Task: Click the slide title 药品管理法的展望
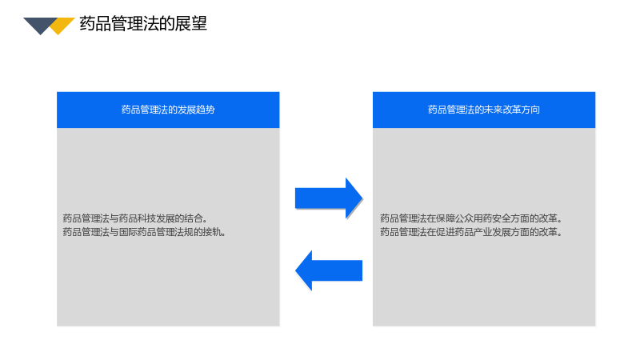click(143, 24)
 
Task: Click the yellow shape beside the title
click(62, 26)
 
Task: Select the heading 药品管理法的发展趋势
click(168, 110)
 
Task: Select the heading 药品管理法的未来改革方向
click(484, 110)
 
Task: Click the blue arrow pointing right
click(329, 198)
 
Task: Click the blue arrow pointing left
click(329, 270)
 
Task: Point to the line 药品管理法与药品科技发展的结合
click(134, 218)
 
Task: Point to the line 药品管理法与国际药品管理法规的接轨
click(144, 232)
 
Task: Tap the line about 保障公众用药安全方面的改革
click(471, 218)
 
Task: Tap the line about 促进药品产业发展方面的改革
click(471, 232)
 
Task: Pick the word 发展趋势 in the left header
click(196, 110)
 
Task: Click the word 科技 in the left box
click(147, 218)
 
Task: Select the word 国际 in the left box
click(128, 232)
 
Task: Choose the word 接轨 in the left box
click(214, 232)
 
